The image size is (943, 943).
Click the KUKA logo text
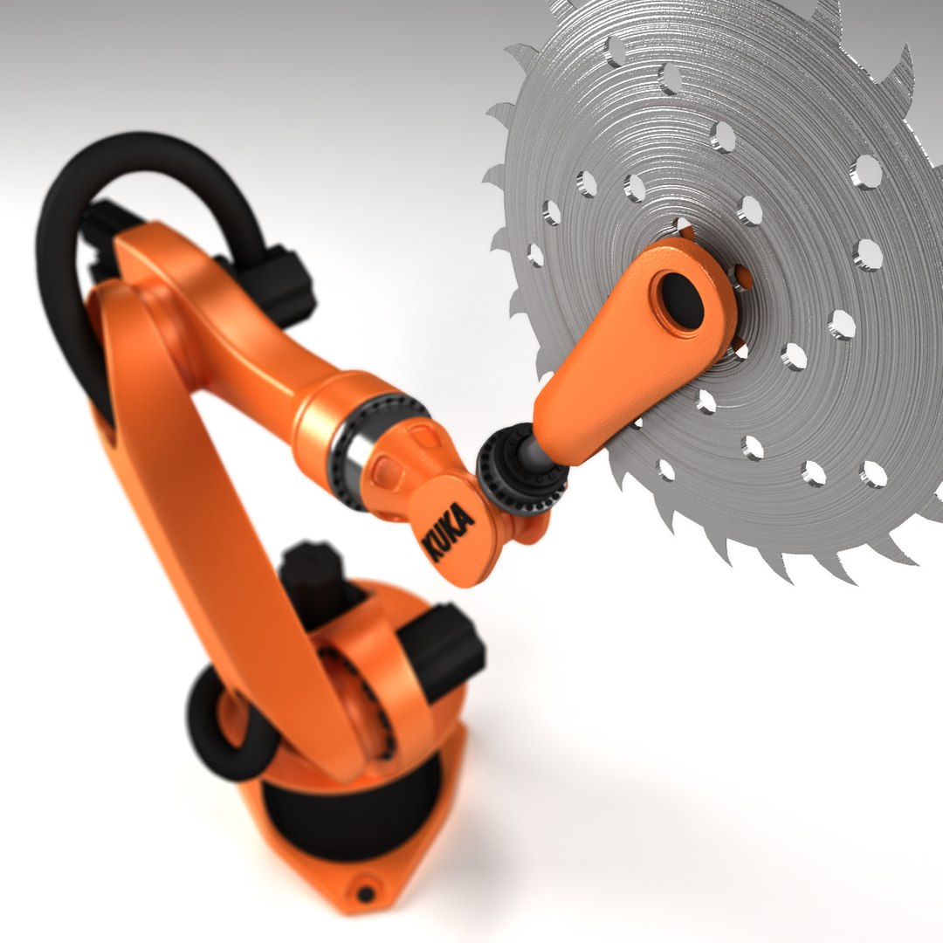coord(449,531)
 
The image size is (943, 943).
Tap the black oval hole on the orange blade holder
coord(681,299)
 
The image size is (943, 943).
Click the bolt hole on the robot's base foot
coord(366,893)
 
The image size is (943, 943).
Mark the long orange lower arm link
coord(218,524)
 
